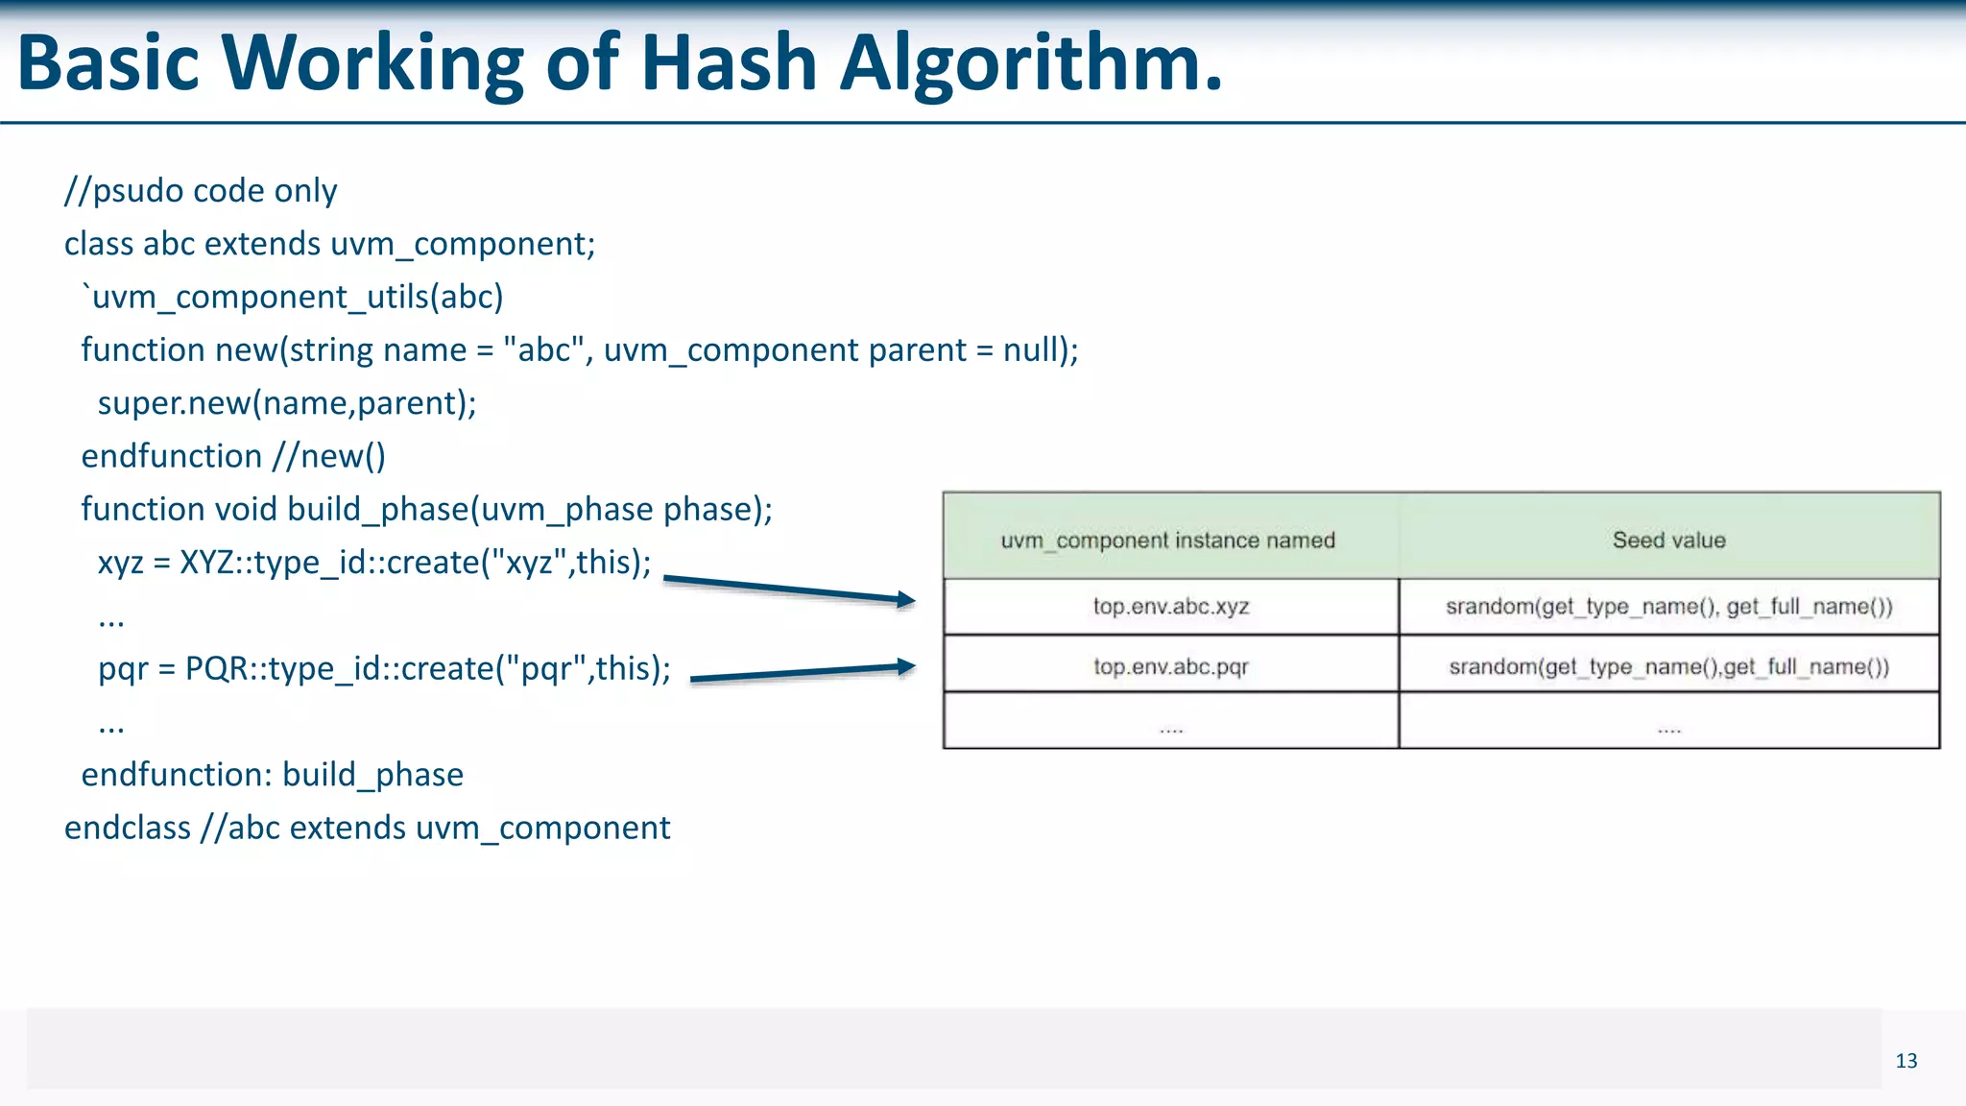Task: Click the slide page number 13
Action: click(1906, 1061)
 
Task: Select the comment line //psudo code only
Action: click(201, 191)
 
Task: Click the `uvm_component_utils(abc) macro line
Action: click(292, 298)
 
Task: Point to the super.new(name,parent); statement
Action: click(287, 403)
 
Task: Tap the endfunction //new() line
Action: click(233, 456)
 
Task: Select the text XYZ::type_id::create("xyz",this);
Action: click(415, 563)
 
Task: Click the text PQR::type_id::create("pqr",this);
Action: click(428, 668)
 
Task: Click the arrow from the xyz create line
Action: click(789, 589)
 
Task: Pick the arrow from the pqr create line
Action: click(803, 672)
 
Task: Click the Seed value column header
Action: click(1668, 541)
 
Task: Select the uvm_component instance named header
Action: click(1167, 541)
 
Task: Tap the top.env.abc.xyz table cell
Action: click(1170, 607)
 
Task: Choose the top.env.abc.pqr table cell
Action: click(1170, 666)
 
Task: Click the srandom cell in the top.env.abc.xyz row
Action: click(1668, 607)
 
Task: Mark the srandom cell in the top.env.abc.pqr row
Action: click(1668, 666)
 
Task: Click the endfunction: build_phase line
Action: click(272, 775)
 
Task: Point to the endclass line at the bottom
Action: click(367, 828)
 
